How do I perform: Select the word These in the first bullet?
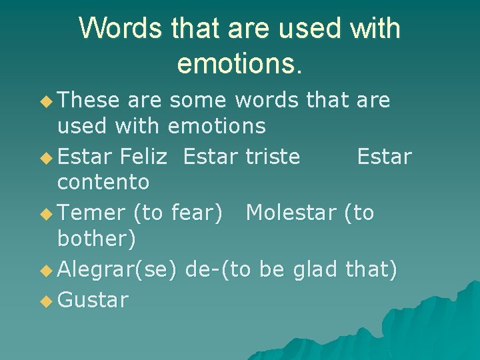pos(89,101)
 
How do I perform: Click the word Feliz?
pos(144,157)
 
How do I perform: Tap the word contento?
pos(103,181)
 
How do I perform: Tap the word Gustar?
pos(93,301)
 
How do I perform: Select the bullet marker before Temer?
pos(45,214)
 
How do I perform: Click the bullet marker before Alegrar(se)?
pos(45,270)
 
